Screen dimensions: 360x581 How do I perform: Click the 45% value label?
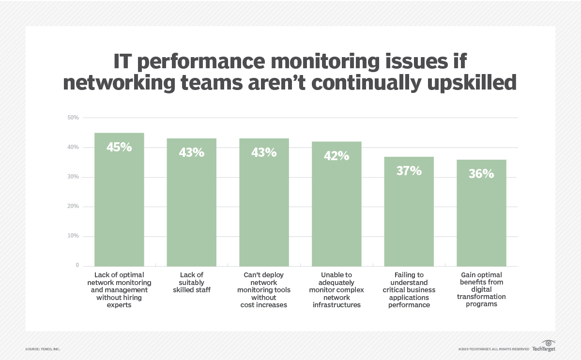coord(119,147)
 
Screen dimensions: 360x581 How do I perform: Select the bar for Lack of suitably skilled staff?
coord(191,208)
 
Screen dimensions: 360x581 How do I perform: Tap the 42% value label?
coord(336,156)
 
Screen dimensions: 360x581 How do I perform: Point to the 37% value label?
coord(409,171)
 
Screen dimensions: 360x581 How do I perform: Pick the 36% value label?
coord(481,174)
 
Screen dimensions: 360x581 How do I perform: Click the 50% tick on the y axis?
coord(74,118)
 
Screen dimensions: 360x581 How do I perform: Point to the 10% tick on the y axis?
coord(74,236)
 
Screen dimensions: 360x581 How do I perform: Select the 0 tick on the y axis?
coord(76,266)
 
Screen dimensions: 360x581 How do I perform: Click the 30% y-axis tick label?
coord(74,177)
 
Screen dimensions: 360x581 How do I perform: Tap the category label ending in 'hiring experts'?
coord(119,290)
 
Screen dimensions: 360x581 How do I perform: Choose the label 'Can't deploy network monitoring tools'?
coord(264,290)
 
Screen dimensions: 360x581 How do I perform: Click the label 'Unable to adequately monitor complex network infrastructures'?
coord(336,290)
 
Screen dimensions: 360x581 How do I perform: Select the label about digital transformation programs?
coord(481,289)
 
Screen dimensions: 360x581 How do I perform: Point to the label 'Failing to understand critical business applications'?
coord(409,290)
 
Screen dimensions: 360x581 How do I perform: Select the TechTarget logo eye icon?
coord(548,343)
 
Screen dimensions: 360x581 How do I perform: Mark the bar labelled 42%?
coord(336,213)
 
